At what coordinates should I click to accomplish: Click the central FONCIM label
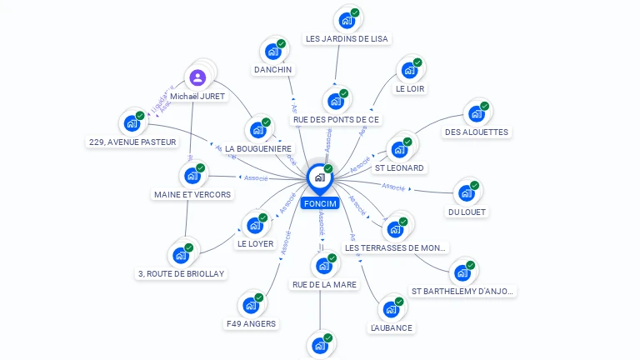[320, 203]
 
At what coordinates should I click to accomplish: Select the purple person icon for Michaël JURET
[197, 78]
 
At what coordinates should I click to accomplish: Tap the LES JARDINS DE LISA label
[347, 38]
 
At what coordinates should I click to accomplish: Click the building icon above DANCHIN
[272, 52]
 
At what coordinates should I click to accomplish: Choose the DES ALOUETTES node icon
[475, 113]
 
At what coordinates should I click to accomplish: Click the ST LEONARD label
[399, 167]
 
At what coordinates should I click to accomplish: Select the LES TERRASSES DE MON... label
[395, 247]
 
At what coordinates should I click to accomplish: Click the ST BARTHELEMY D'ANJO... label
[463, 291]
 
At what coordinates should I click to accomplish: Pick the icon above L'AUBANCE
[390, 310]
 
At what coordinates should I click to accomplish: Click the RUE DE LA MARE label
[324, 284]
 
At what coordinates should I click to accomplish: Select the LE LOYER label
[255, 244]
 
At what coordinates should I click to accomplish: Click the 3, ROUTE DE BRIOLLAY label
[181, 273]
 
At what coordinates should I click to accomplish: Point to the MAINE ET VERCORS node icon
[192, 176]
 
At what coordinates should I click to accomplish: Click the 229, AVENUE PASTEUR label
[132, 142]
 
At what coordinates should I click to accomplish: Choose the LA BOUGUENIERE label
[257, 148]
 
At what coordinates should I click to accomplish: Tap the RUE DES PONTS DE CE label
[336, 119]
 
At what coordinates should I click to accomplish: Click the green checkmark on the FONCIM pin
[328, 169]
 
